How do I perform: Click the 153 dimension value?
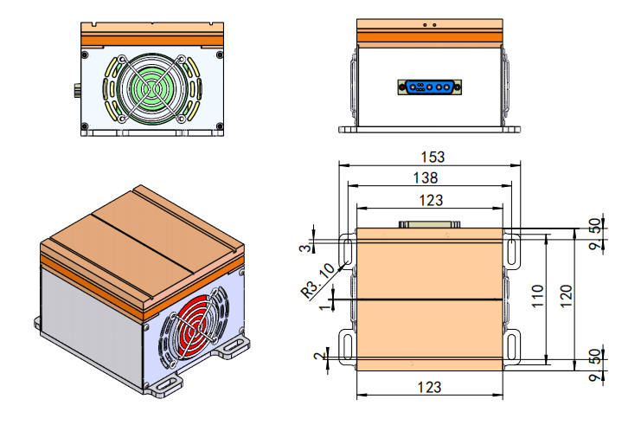coord(432,157)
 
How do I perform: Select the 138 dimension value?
coord(425,177)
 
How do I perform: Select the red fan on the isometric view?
coord(195,325)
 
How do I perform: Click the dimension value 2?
coord(319,355)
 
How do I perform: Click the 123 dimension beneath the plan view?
coord(430,386)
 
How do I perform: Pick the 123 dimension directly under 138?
coord(430,200)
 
